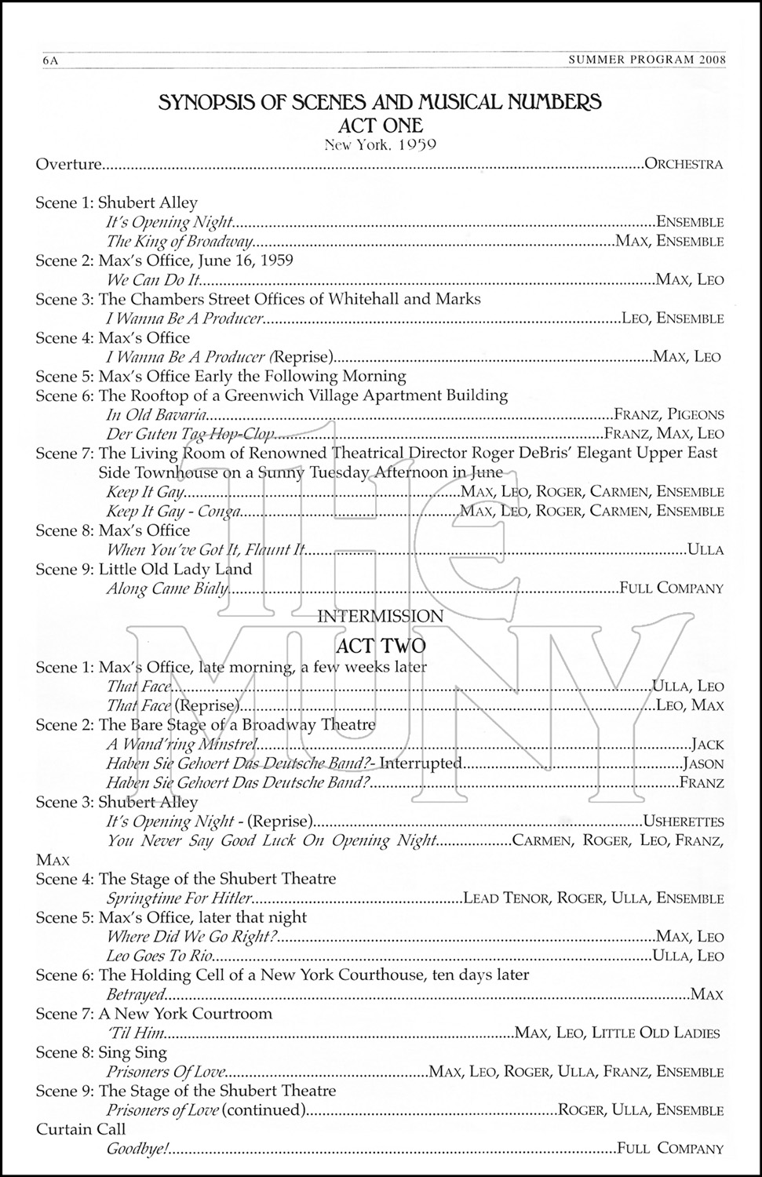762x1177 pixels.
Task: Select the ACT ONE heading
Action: (x=381, y=125)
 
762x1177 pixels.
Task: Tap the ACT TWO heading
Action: (x=381, y=646)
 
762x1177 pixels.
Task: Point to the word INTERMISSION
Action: (x=381, y=617)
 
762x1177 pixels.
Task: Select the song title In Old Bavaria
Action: (x=157, y=414)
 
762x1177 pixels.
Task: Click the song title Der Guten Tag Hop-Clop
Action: (x=191, y=434)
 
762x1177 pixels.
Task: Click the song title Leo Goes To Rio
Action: (x=159, y=956)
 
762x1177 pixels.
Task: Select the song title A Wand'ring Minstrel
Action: (x=182, y=745)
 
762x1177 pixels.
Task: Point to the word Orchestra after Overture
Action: (x=683, y=165)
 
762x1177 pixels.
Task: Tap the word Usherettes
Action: (x=683, y=822)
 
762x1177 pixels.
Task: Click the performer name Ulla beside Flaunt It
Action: (x=705, y=550)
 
